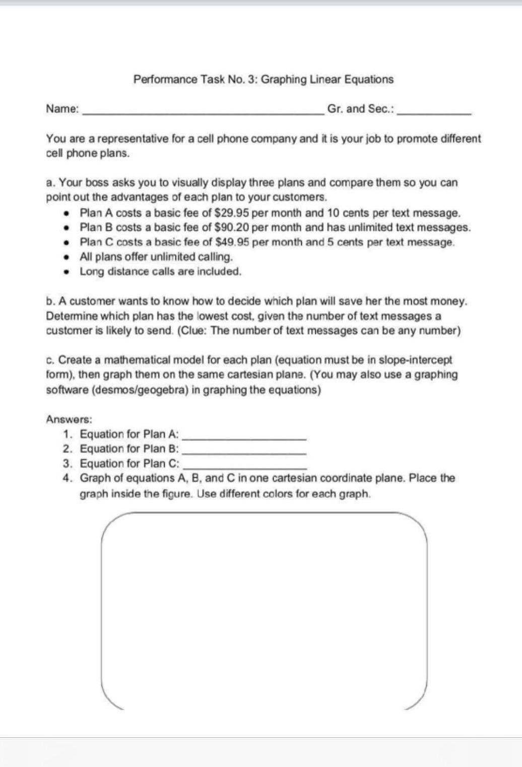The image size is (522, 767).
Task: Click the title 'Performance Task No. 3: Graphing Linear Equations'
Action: pos(263,79)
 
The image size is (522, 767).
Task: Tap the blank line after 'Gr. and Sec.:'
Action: pos(434,114)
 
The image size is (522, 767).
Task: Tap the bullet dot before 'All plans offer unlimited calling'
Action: pos(66,257)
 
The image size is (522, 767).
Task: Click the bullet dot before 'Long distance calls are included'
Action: pos(66,272)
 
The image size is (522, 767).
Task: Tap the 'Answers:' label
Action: pos(69,419)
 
